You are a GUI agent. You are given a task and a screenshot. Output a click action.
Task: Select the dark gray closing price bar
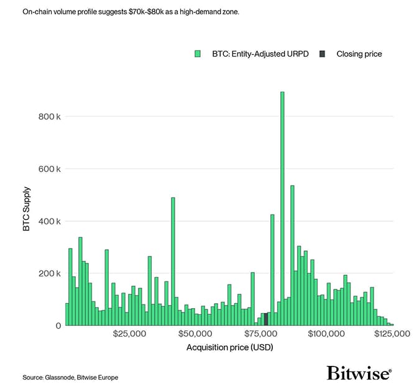coord(266,319)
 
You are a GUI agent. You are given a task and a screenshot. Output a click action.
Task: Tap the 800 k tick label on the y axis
coord(50,117)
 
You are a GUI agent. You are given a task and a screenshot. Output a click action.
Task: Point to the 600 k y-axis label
coord(50,169)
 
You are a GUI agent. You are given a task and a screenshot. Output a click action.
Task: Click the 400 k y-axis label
coord(50,221)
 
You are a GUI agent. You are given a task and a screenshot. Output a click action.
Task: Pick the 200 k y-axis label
coord(50,273)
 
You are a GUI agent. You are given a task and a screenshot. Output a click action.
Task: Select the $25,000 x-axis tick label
coord(129,334)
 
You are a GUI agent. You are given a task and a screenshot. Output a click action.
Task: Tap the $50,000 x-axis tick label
coord(195,334)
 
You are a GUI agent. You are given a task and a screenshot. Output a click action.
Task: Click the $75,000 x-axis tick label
coord(260,334)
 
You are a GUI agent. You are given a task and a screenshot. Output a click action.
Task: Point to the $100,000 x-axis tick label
coord(326,334)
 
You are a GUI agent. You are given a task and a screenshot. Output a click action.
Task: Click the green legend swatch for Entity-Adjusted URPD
coord(198,54)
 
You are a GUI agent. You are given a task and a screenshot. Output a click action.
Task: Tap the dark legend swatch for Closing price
coord(322,54)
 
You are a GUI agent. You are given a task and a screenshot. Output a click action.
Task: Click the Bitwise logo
coord(359,373)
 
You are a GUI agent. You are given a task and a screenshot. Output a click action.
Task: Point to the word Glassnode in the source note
coord(58,377)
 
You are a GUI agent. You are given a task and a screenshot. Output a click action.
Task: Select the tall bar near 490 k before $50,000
coord(173,261)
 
